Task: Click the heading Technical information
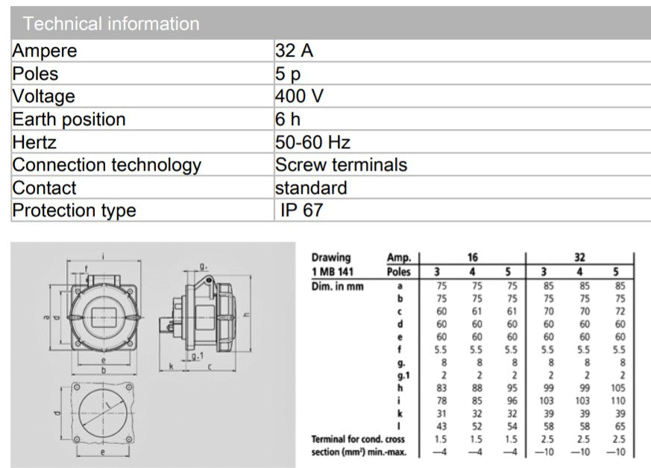tap(111, 24)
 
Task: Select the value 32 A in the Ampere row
tap(294, 51)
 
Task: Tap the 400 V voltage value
tap(300, 96)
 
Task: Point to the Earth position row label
tap(69, 119)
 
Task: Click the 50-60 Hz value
tap(312, 142)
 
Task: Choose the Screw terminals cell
tap(341, 165)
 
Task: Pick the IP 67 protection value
tap(302, 210)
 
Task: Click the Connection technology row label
tap(107, 165)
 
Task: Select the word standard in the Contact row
tap(311, 188)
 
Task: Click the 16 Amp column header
tap(473, 257)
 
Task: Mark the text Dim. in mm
tap(337, 285)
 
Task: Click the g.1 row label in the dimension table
tap(404, 376)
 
